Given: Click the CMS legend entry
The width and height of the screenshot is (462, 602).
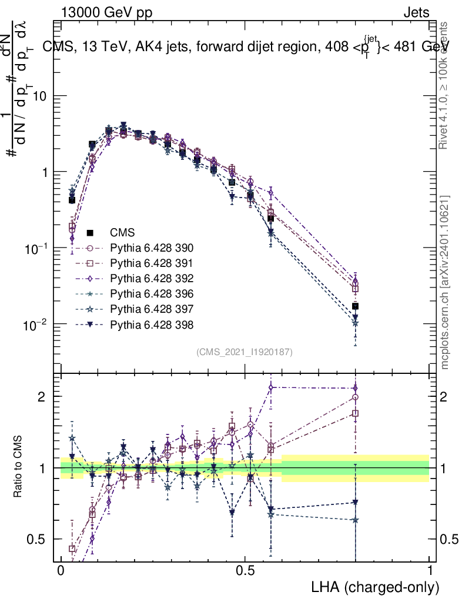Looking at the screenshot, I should [x=122, y=233].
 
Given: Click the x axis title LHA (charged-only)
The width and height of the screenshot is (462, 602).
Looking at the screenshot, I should [x=376, y=587].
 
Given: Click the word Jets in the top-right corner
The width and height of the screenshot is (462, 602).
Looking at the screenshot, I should [x=416, y=12].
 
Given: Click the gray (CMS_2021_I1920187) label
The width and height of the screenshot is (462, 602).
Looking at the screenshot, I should [x=245, y=352].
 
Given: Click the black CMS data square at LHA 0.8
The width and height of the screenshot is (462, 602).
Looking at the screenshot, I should [x=355, y=306].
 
